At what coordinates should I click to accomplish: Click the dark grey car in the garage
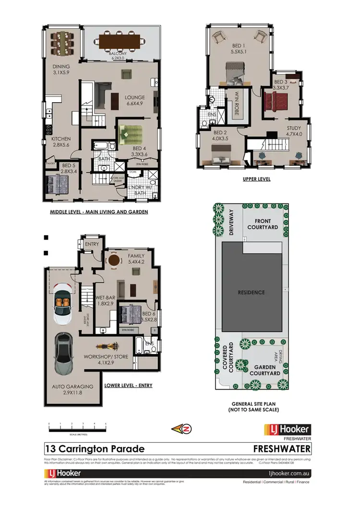click(64, 351)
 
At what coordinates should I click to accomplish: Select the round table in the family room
click(114, 260)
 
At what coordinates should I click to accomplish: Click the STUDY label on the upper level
click(294, 129)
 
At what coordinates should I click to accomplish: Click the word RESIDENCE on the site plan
click(251, 292)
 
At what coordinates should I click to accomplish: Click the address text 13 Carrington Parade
click(95, 449)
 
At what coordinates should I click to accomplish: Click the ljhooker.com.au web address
click(290, 473)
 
